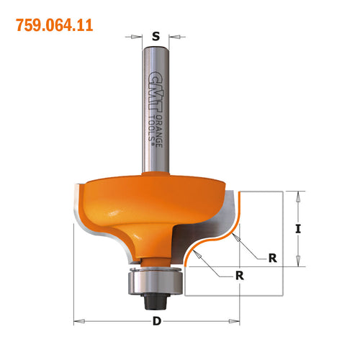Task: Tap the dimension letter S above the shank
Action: pyautogui.click(x=156, y=33)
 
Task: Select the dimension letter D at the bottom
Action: pyautogui.click(x=157, y=322)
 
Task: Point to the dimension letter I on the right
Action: pyautogui.click(x=300, y=230)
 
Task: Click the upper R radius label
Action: pyautogui.click(x=272, y=257)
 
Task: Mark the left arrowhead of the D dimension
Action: pyautogui.click(x=77, y=321)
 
